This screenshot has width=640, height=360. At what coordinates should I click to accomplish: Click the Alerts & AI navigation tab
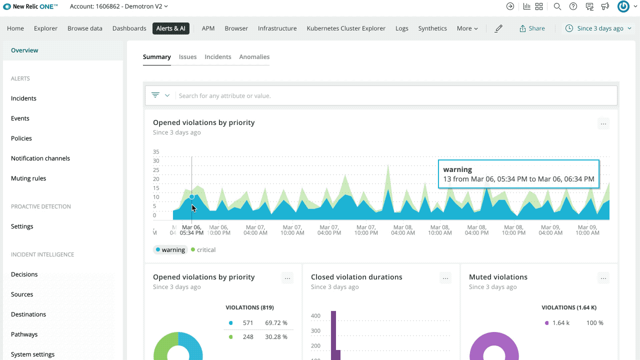[170, 28]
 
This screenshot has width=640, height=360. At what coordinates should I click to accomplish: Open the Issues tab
[187, 57]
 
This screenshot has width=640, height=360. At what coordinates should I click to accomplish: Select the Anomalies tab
[254, 57]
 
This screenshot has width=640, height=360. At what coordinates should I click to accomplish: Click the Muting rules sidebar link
[28, 178]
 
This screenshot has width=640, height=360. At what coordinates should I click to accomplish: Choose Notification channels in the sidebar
[40, 158]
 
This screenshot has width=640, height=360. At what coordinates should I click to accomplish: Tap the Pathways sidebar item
[24, 334]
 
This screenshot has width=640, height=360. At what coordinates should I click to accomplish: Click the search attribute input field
[395, 95]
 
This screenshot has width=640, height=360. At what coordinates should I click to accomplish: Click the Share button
[532, 28]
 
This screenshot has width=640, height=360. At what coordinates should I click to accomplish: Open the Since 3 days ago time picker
[598, 28]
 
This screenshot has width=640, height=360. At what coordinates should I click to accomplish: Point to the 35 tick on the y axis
[156, 152]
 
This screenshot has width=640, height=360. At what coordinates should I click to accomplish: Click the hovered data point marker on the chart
[191, 197]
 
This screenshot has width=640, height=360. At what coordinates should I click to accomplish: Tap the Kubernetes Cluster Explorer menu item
[346, 28]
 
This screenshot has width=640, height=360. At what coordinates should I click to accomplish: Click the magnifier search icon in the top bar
[557, 6]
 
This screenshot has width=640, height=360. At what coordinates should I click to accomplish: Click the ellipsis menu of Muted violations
[603, 278]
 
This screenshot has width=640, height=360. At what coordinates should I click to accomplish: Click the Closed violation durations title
[356, 277]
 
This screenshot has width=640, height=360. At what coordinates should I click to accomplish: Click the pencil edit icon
[498, 28]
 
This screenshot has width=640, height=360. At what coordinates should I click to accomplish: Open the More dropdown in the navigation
[467, 28]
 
